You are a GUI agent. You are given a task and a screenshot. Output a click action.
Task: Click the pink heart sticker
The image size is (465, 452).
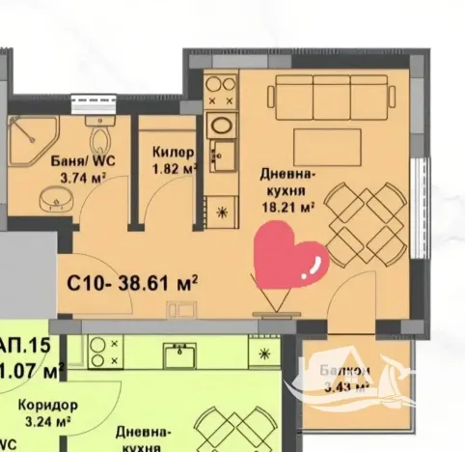pyautogui.click(x=290, y=256)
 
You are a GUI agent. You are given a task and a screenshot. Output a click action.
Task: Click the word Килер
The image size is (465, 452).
pyautogui.click(x=174, y=153)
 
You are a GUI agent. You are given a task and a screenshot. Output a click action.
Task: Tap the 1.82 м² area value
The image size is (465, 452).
pyautogui.click(x=175, y=168)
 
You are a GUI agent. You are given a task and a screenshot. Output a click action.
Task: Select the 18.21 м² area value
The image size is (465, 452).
pyautogui.click(x=290, y=207)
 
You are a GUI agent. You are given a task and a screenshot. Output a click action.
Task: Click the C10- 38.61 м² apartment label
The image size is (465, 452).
pyautogui.click(x=132, y=283)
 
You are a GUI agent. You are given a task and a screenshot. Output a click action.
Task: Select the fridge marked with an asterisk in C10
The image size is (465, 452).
pyautogui.click(x=222, y=212)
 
